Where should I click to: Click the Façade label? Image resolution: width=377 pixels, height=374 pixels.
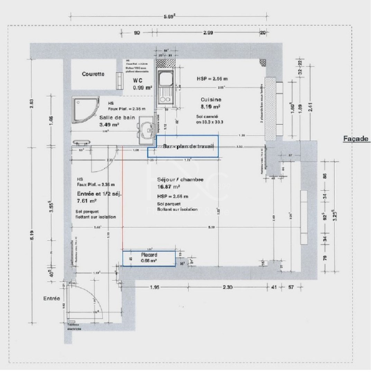(356, 139)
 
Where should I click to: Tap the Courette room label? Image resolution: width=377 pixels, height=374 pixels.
(93, 74)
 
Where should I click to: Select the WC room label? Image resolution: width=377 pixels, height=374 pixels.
(138, 80)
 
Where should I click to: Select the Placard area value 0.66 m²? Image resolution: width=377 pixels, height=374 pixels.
(149, 261)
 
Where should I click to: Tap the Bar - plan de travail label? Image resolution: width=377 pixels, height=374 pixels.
(188, 147)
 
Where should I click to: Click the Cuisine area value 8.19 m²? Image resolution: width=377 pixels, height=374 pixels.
(211, 107)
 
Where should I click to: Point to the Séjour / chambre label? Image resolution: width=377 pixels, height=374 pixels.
(180, 179)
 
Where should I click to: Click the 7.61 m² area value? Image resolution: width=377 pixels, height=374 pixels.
(87, 200)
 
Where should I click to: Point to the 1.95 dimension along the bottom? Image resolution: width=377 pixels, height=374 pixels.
(154, 287)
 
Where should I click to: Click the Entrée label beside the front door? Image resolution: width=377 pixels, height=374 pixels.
(52, 298)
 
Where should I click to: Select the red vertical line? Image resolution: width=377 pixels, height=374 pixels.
(123, 197)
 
